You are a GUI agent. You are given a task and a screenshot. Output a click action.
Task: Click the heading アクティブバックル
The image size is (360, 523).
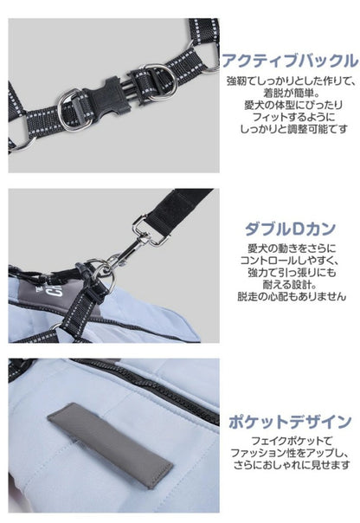pyautogui.click(x=290, y=61)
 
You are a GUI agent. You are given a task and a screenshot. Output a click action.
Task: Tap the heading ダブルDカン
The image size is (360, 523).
pyautogui.click(x=290, y=229)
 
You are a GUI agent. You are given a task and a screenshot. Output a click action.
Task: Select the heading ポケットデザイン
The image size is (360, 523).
pyautogui.click(x=290, y=422)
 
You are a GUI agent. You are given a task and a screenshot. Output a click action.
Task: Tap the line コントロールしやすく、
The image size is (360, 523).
pyautogui.click(x=289, y=261)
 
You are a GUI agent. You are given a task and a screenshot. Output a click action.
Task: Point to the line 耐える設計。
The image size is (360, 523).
pyautogui.click(x=289, y=285)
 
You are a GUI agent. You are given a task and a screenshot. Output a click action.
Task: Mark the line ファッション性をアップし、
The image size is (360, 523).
pyautogui.click(x=289, y=453)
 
